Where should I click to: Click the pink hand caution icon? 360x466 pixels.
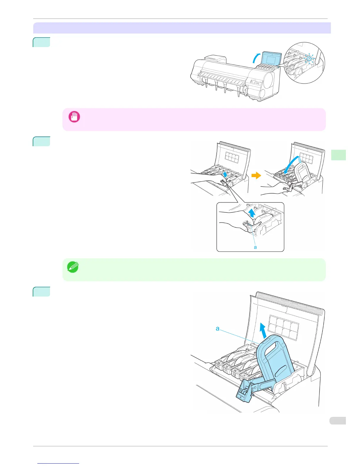(x=74, y=117)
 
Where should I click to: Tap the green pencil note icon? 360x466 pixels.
(x=73, y=267)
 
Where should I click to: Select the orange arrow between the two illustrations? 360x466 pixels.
(x=256, y=176)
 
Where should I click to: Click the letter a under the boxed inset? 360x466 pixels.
(x=255, y=247)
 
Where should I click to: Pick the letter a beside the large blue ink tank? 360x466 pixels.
(x=217, y=328)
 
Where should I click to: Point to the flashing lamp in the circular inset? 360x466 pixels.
(x=309, y=58)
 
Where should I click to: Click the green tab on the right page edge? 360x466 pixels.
(x=338, y=155)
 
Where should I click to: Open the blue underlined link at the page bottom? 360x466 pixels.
(x=59, y=463)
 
